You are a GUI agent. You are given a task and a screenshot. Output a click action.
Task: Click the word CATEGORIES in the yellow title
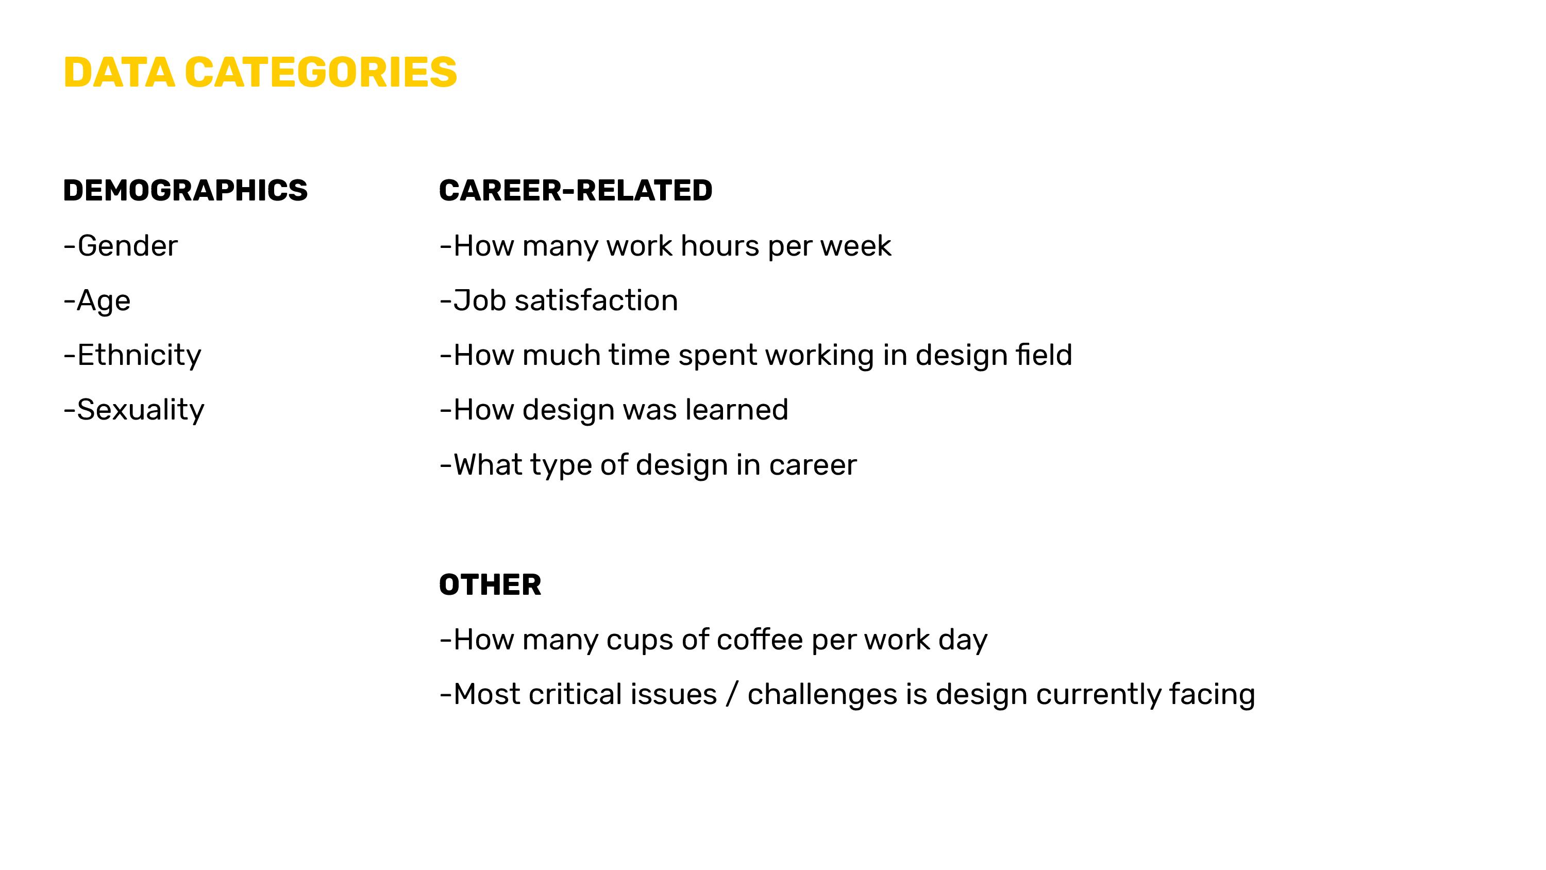[x=321, y=72]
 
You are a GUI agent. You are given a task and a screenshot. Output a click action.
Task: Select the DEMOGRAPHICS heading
[x=186, y=190]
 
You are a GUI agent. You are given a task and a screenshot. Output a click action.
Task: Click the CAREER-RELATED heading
[x=576, y=190]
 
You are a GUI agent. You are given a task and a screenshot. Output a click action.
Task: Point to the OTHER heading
[x=490, y=585]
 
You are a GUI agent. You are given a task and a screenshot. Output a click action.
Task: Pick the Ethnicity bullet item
[x=132, y=355]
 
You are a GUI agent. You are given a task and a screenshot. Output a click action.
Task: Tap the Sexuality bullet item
[x=134, y=409]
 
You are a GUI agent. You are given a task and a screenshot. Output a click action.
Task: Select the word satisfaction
[x=597, y=300]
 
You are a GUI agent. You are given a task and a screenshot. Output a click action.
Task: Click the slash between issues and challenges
[x=732, y=694]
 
